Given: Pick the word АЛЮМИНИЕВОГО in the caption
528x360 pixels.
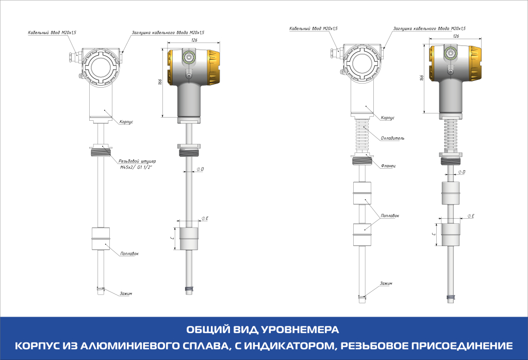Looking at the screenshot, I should click(x=138, y=345).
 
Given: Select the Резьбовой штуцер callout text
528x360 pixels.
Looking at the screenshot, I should click(x=134, y=161).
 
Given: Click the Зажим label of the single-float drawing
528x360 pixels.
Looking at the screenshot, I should click(x=126, y=293).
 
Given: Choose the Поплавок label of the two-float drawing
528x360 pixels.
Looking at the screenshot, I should click(x=389, y=215).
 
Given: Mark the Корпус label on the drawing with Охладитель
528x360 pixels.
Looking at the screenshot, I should click(x=388, y=118).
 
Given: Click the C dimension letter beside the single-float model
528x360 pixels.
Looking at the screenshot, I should click(x=172, y=238).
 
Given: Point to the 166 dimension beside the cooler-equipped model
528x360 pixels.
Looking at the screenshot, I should click(x=421, y=77).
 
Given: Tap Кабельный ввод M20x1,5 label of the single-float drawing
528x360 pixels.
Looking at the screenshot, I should click(x=52, y=32).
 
